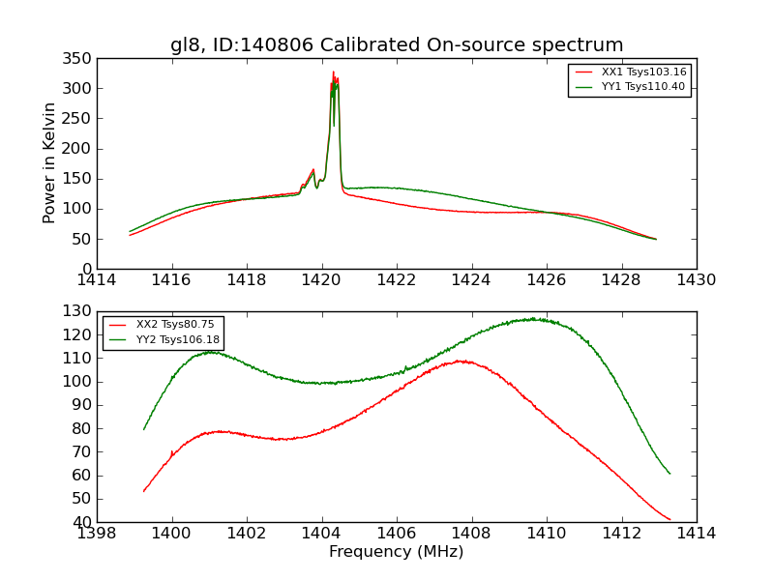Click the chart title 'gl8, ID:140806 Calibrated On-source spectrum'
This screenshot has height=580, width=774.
(397, 45)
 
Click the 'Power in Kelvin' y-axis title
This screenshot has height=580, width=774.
(50, 163)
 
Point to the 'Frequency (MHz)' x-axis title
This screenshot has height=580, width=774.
(397, 552)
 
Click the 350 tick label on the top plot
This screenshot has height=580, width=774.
(79, 59)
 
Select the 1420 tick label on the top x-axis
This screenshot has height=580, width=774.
(322, 279)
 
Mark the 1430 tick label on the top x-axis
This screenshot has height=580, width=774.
(697, 279)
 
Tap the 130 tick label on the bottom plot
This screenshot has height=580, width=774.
(79, 311)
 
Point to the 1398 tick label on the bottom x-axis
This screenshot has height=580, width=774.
(98, 533)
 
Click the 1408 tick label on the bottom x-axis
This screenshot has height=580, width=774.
(471, 533)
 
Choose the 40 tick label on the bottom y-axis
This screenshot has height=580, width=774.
(84, 522)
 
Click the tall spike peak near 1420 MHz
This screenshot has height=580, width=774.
(333, 72)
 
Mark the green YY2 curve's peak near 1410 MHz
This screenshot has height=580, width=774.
(533, 318)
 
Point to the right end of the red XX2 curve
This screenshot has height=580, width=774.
(670, 520)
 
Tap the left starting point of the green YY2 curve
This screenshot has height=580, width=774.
(144, 429)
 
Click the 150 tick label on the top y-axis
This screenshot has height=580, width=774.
(79, 179)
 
